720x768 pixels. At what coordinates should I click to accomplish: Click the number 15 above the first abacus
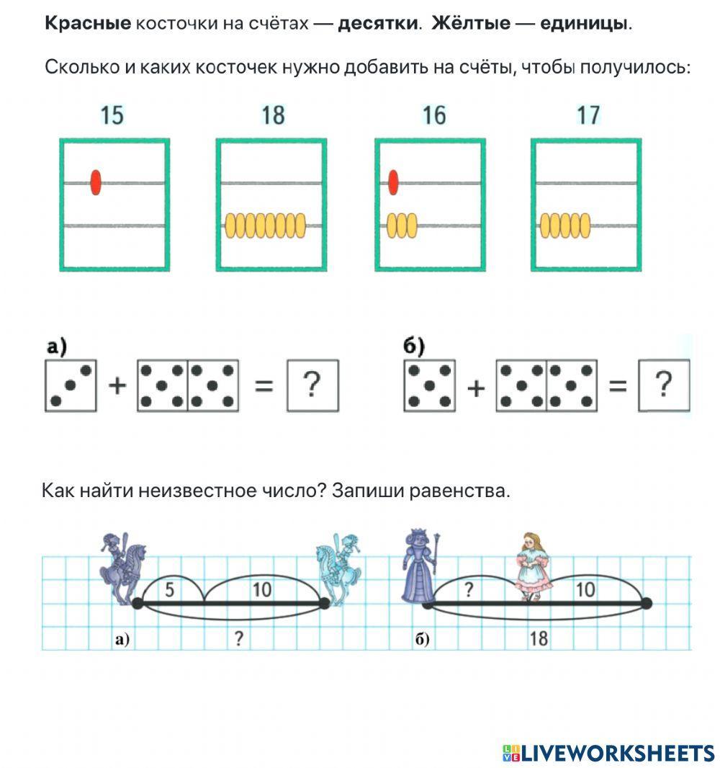point(112,115)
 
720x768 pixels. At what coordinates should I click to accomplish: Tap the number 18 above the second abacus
point(273,115)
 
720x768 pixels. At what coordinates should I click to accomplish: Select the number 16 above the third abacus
point(434,115)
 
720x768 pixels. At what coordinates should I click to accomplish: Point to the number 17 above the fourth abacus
point(588,115)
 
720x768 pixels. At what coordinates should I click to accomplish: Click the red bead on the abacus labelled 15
point(96,182)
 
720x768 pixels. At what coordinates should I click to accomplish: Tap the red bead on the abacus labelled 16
point(393,182)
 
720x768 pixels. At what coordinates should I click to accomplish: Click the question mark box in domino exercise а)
point(312,386)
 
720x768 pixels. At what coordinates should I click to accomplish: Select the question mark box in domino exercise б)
point(664,386)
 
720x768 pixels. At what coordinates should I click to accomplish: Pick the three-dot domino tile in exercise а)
point(71,386)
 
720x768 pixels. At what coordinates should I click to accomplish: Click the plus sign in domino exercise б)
point(475,388)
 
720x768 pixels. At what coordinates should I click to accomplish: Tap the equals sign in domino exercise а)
point(264,387)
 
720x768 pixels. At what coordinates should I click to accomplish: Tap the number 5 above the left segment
point(170,590)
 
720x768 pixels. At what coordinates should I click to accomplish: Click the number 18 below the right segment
point(539,638)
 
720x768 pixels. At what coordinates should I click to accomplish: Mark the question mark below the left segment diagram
point(238,638)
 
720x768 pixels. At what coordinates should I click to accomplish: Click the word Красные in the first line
point(88,24)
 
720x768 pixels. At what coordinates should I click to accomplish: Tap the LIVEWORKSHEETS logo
point(608,754)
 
